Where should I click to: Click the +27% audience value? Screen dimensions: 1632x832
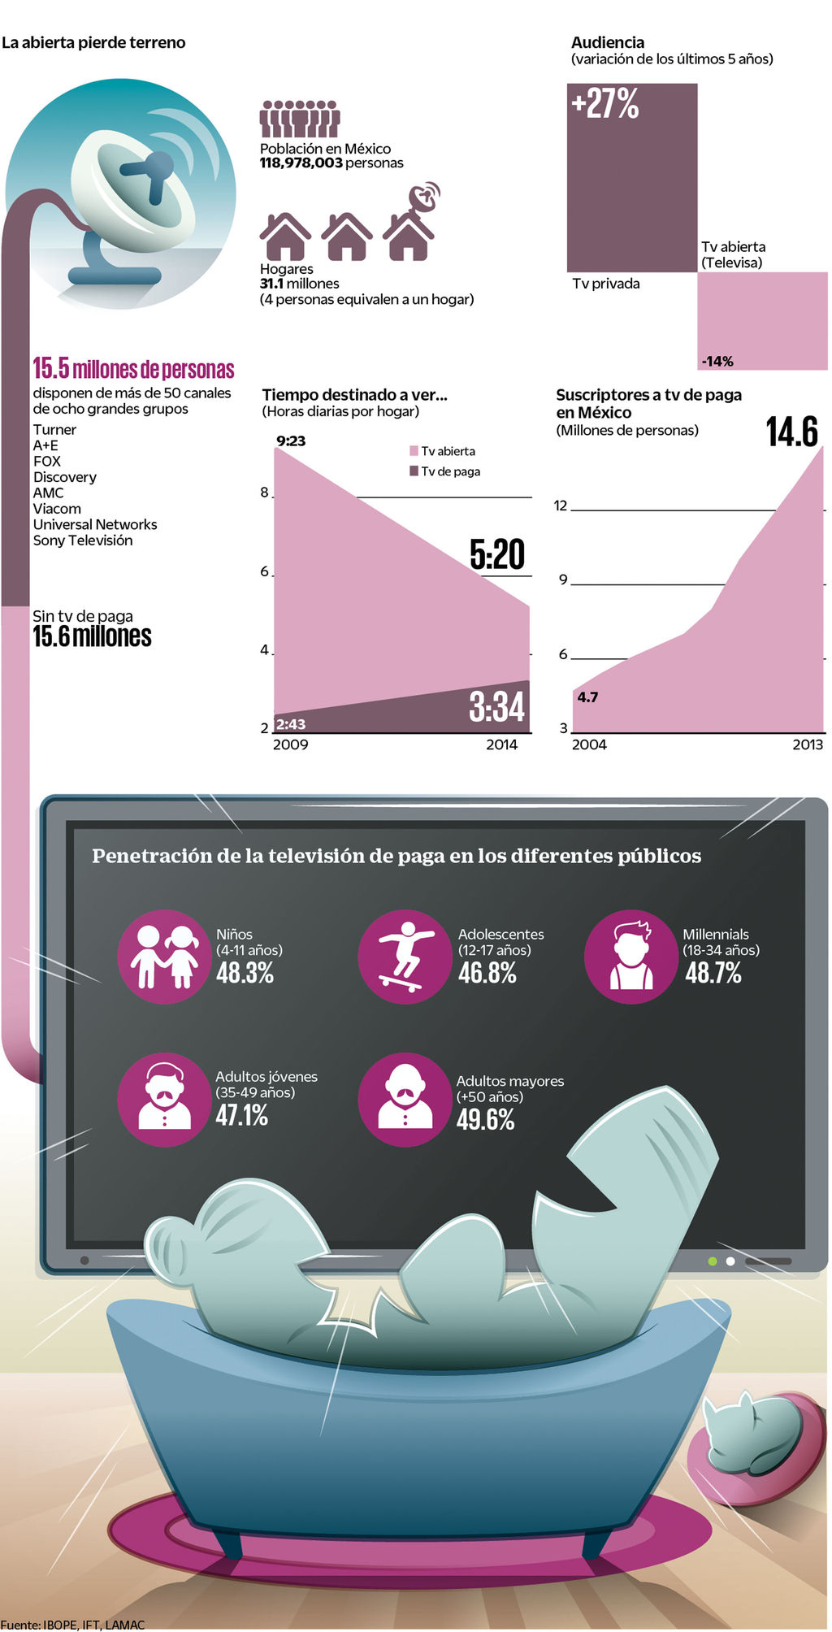pos(605,104)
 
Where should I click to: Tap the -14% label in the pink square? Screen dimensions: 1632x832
pos(717,361)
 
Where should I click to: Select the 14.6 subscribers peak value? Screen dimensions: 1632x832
pos(792,432)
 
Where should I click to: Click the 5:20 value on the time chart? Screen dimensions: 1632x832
pos(497,554)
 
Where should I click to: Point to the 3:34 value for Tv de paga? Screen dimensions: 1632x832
pos(496,706)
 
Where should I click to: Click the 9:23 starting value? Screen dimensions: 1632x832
pos(291,441)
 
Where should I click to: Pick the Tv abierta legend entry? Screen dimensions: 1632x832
pos(443,451)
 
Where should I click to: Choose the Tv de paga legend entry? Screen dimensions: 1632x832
pos(445,471)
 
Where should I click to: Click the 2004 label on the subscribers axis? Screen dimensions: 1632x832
pos(589,744)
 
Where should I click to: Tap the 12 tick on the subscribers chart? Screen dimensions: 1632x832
pos(561,506)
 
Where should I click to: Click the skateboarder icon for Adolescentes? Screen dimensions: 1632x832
pos(405,957)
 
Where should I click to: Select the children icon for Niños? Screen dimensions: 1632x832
pos(165,957)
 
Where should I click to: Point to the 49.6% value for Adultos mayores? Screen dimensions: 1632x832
pos(485,1120)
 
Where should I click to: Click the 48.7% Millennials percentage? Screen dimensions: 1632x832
pos(713,973)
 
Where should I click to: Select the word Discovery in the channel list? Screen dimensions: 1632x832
pos(65,477)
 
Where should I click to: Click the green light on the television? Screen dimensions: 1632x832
pos(713,1261)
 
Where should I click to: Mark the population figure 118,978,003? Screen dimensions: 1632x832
pos(301,163)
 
